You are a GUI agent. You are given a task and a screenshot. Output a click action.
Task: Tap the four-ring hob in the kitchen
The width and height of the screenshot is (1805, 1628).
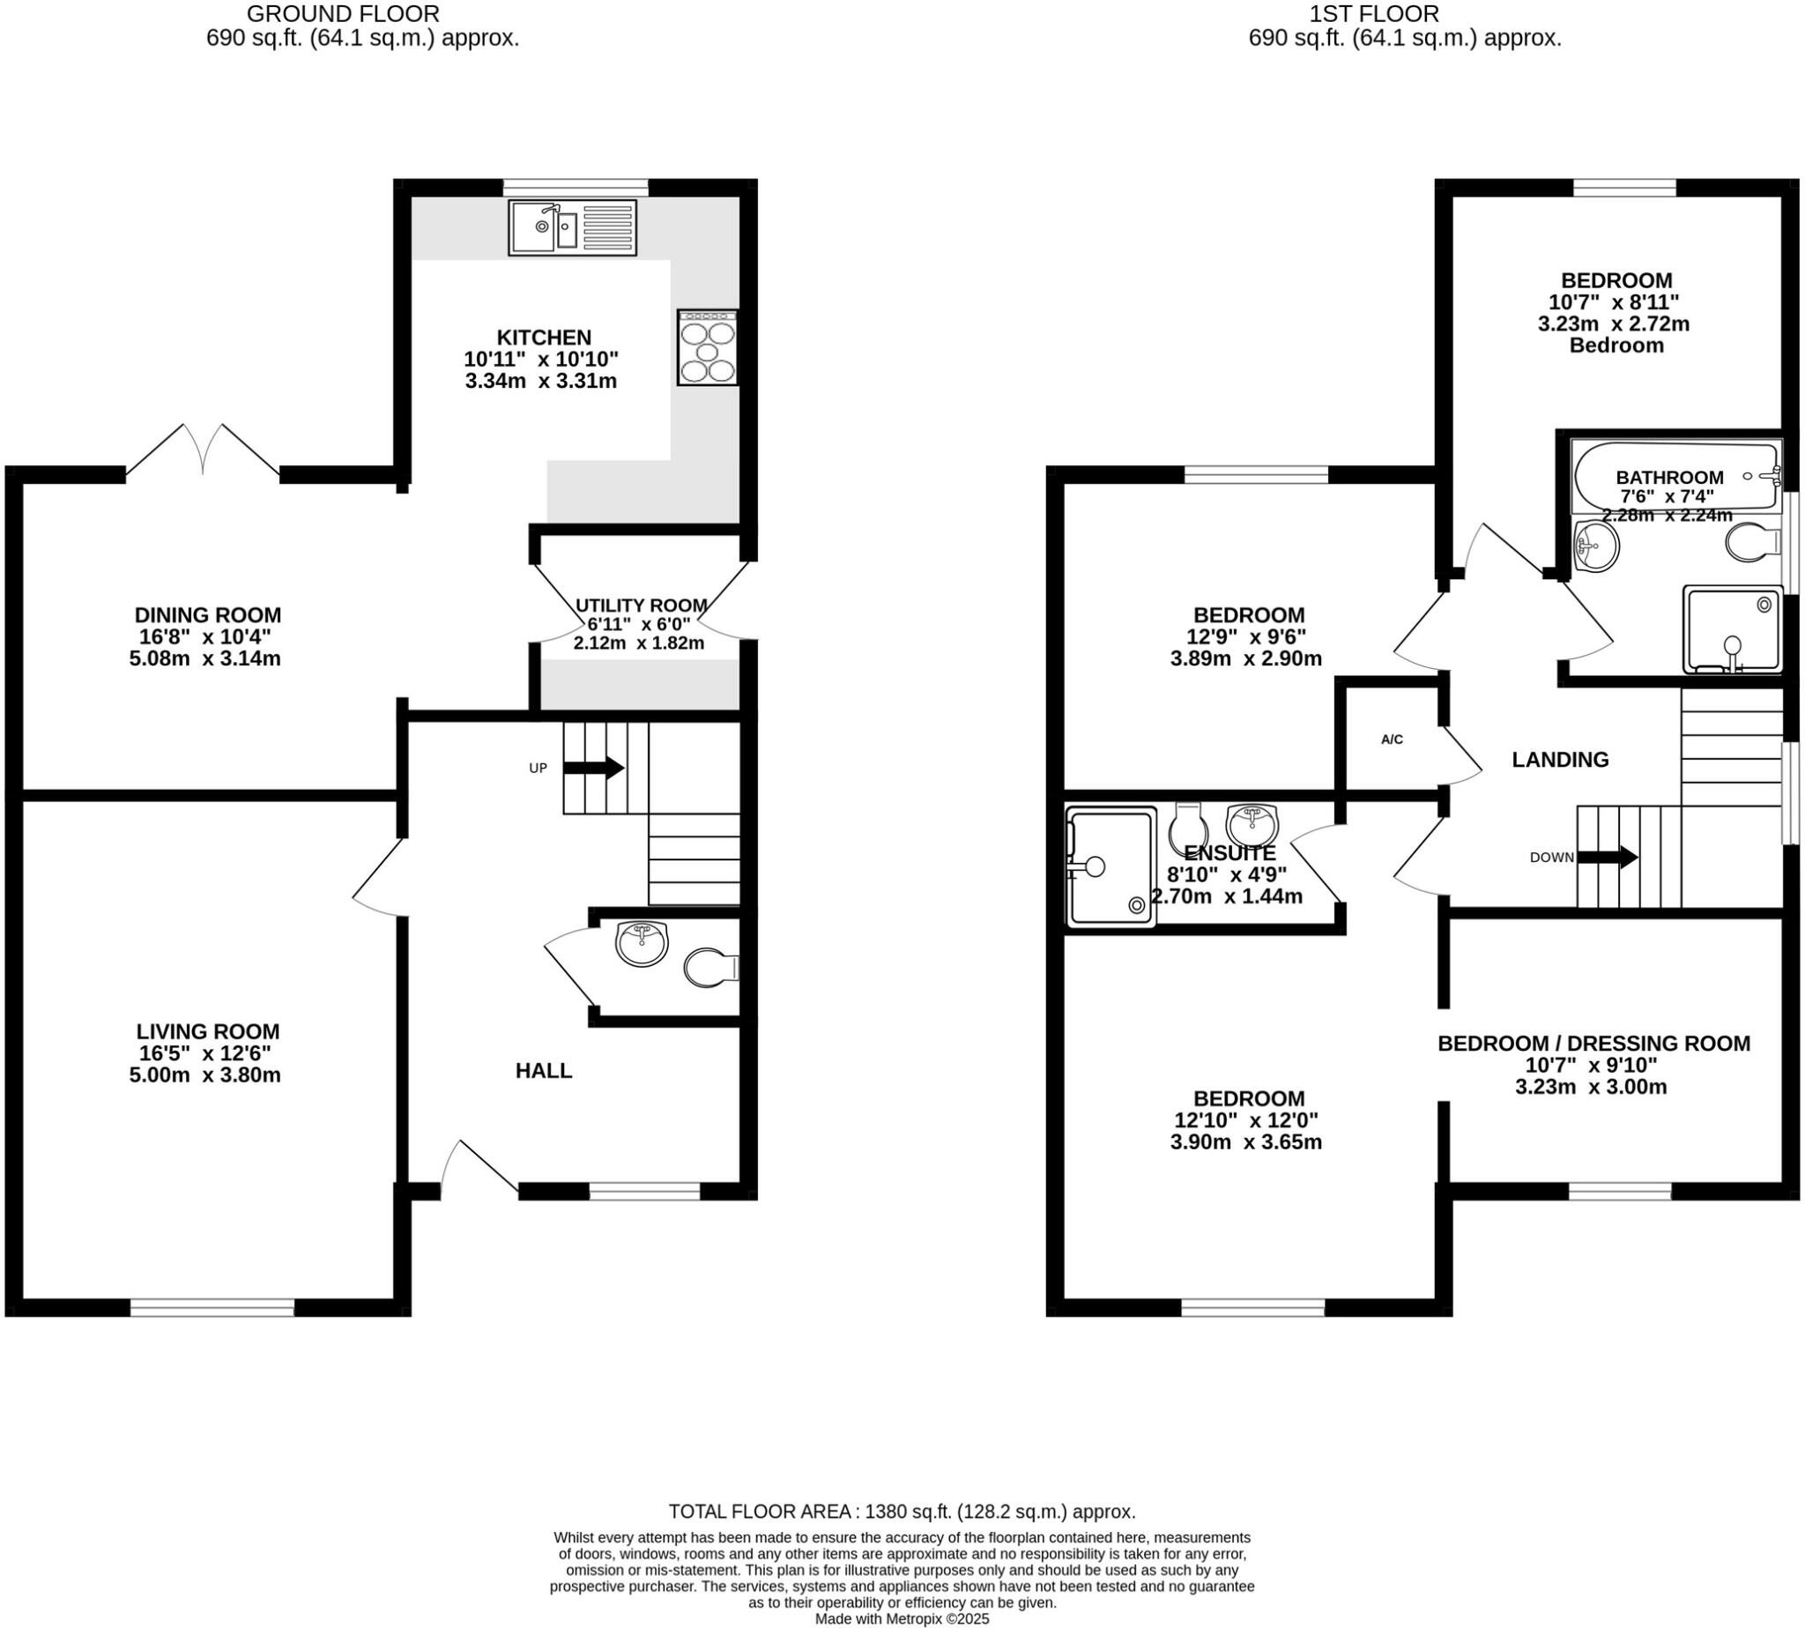pos(707,348)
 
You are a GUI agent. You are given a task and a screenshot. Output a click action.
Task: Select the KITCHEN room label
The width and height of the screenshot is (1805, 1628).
pos(544,338)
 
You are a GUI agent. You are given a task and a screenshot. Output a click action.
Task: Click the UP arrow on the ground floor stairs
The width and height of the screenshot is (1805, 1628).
pos(593,768)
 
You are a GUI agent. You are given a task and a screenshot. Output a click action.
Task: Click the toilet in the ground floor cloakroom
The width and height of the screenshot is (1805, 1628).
pos(709,968)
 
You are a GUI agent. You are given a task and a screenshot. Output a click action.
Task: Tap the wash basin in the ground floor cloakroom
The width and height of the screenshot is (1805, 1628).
pos(642,944)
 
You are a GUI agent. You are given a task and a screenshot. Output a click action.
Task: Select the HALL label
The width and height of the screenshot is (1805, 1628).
pos(543,1071)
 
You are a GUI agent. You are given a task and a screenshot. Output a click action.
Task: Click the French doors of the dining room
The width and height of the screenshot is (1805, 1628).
pos(203,451)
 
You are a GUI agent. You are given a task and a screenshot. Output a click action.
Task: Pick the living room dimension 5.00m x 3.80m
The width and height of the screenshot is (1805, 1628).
pos(204,1075)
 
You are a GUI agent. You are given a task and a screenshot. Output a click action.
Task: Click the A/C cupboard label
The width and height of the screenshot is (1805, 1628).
pos(1392,740)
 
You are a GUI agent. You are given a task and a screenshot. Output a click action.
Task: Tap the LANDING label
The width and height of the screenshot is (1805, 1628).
pos(1560,760)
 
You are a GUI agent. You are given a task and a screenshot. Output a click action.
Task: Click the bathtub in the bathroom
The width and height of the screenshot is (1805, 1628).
pos(1675,476)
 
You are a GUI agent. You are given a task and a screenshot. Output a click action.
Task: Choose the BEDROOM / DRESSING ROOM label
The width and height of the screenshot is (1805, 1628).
pos(1593,1043)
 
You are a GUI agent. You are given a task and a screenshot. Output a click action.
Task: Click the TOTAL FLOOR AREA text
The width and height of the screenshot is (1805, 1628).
pos(902,1512)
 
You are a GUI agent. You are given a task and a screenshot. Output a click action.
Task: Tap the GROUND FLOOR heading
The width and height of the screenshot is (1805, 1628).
pos(343,13)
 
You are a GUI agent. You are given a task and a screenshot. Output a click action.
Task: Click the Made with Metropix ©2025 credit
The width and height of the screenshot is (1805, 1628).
pos(902,1619)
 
